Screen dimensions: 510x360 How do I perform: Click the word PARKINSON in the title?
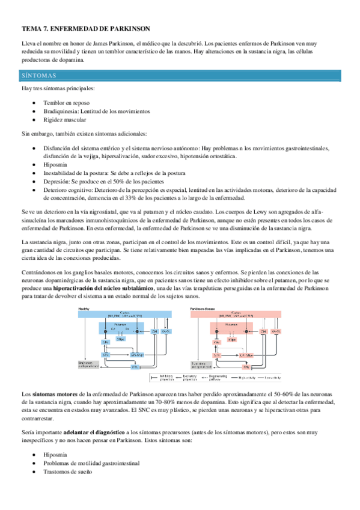128,28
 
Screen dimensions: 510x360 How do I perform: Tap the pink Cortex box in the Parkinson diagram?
246,316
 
